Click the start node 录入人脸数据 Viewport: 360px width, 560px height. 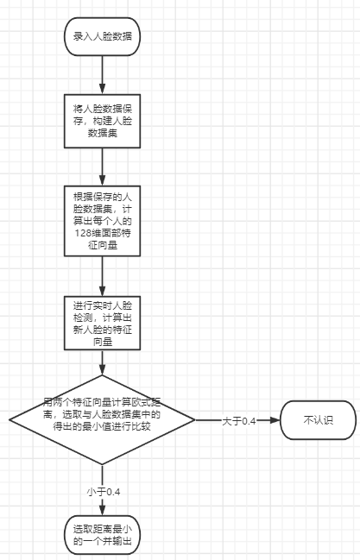[102, 36]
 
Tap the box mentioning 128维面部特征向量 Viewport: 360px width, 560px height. [102, 221]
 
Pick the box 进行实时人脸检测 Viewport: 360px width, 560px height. [102, 324]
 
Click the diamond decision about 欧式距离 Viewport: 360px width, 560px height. [102, 420]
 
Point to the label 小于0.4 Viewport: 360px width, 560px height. [103, 491]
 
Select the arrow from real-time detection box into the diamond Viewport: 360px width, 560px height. [102, 362]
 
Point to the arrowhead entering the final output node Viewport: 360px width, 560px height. [102, 512]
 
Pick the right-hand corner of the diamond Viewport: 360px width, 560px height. [195, 420]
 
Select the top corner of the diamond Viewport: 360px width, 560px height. [102, 376]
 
